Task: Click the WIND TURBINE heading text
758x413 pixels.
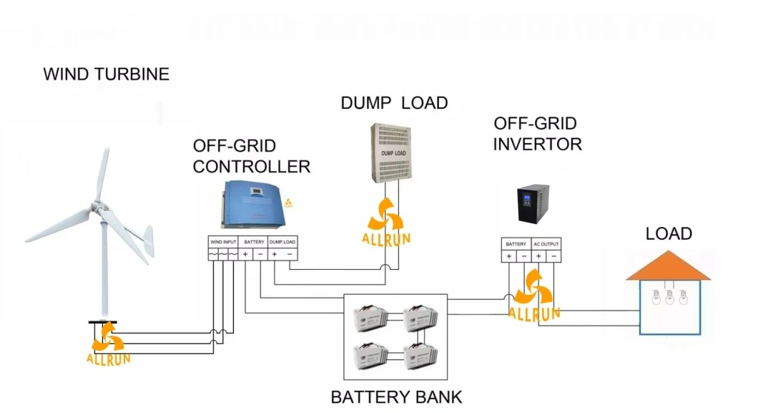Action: pos(107,74)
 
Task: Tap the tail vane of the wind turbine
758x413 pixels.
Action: pos(145,243)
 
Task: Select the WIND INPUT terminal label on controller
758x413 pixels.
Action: pos(222,242)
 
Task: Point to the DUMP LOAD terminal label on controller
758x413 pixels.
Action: pos(282,242)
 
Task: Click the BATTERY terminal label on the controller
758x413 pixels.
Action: pos(253,242)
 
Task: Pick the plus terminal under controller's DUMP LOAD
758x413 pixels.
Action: pos(275,254)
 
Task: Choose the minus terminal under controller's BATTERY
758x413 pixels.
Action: pos(260,254)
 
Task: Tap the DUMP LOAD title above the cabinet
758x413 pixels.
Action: pos(394,103)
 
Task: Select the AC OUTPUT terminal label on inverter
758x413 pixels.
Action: pos(546,244)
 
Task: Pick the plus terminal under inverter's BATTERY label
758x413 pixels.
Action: pos(509,256)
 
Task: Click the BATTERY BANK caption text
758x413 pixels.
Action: pos(396,397)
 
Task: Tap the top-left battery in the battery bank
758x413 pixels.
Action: pos(373,317)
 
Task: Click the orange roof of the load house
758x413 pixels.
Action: pos(669,266)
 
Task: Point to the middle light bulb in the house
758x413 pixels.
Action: pos(669,296)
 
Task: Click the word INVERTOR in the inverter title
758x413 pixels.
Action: pos(537,144)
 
